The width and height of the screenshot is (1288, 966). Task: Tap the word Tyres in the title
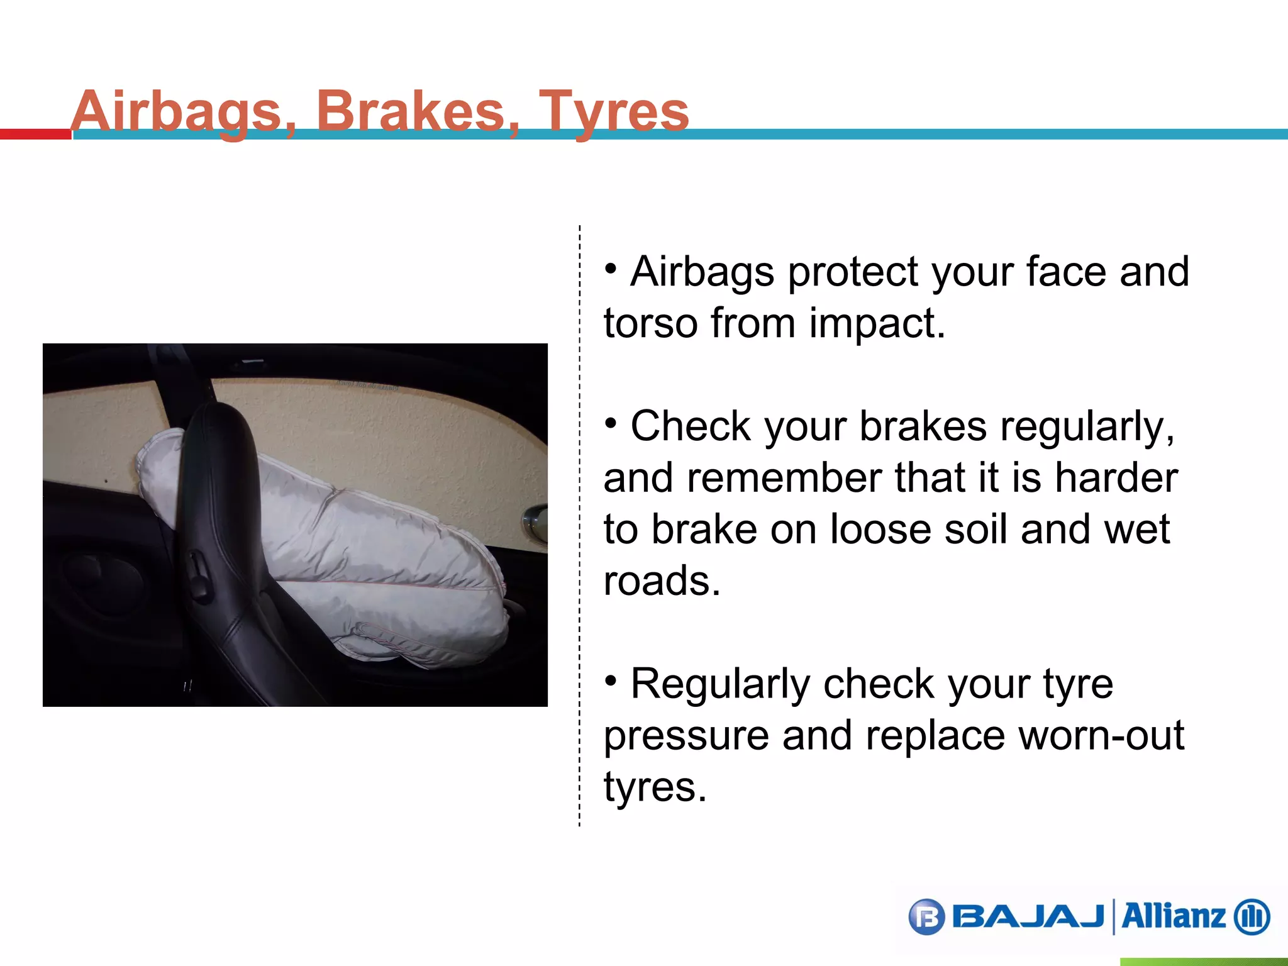614,111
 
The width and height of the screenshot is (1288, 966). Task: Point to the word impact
877,323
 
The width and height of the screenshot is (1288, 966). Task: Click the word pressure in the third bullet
686,735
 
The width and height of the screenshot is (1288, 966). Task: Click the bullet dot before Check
611,423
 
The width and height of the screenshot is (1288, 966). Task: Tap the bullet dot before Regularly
611,680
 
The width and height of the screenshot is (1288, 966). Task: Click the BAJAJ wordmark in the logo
1029,917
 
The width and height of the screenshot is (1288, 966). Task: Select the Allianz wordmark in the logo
1174,916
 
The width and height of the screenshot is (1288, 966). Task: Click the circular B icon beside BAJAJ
926,918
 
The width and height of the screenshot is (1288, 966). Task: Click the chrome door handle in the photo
535,522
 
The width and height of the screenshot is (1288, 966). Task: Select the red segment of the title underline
35,134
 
